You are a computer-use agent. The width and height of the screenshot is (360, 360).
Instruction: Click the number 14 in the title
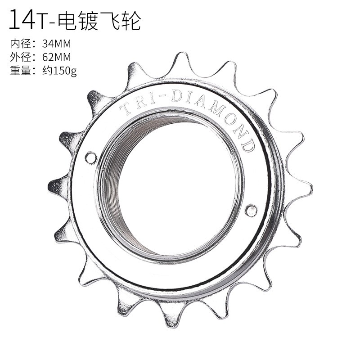[22, 19]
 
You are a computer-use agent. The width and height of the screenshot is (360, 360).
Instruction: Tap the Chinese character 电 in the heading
[67, 21]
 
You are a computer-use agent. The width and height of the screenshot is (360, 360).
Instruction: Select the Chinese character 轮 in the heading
[131, 21]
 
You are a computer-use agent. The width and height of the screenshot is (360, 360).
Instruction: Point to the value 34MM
[57, 44]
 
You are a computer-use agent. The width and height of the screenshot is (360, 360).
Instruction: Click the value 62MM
[57, 57]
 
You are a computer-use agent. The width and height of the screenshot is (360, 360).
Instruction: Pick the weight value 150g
[65, 71]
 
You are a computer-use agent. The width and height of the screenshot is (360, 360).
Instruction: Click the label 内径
[20, 44]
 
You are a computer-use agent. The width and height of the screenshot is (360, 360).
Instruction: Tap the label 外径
[20, 57]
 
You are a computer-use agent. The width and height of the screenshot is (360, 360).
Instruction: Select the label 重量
[20, 71]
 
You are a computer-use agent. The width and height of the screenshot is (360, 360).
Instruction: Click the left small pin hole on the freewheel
[91, 158]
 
